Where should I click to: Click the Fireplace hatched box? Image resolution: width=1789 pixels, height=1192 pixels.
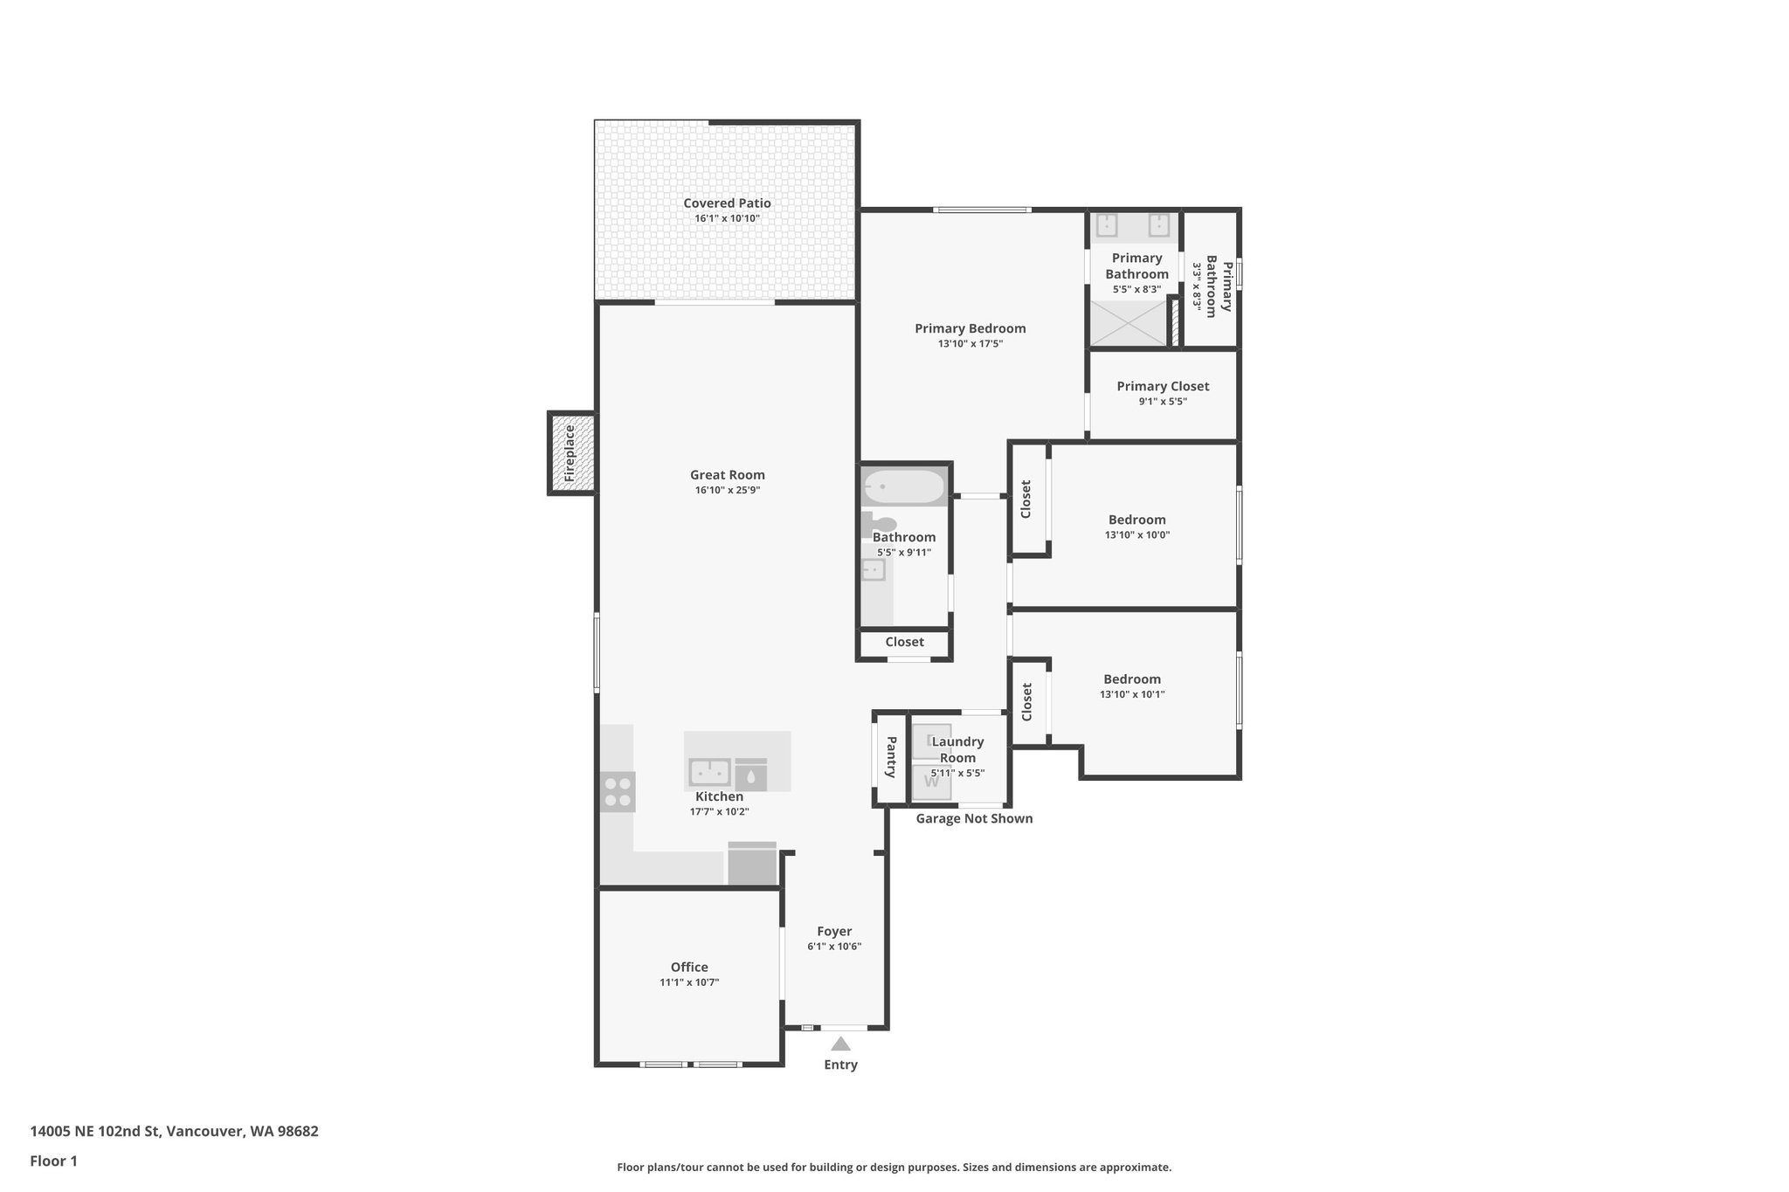572,453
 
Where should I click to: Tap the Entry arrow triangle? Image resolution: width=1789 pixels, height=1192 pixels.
840,1044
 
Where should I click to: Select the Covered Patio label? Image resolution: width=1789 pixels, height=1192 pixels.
727,203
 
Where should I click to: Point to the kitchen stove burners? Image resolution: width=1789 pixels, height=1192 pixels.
618,792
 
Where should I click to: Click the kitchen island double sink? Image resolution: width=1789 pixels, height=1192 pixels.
710,772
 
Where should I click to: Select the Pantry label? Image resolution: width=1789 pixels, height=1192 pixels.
891,757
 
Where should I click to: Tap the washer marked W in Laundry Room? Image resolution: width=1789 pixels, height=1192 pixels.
931,782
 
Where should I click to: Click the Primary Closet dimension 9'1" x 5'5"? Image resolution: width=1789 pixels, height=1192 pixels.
1163,402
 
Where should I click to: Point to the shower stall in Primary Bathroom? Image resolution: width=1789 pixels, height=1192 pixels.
1129,322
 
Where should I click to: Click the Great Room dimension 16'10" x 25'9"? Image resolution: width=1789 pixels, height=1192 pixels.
728,491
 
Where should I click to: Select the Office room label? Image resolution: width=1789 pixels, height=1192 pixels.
689,967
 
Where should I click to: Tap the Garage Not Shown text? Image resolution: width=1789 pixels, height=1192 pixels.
974,818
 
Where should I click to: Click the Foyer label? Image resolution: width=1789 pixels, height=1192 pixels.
834,931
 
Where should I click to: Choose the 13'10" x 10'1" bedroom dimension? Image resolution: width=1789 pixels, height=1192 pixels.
1132,695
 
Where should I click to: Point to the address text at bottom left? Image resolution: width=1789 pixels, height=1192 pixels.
174,1132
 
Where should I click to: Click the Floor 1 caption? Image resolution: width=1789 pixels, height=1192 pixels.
53,1161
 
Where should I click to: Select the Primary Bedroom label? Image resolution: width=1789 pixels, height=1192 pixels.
970,328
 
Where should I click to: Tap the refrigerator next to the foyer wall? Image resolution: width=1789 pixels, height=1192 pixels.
752,865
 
